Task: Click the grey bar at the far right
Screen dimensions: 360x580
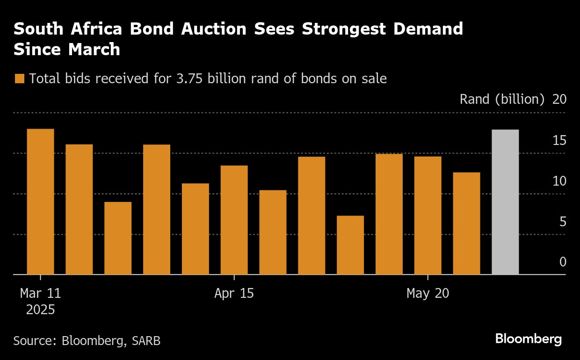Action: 505,202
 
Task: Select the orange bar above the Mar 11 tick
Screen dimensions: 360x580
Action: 40,202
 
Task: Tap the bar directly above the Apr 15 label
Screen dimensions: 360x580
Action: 234,220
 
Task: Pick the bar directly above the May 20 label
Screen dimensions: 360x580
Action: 428,215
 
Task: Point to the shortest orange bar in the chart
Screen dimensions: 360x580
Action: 350,245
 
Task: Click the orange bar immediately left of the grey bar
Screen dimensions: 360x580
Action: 466,223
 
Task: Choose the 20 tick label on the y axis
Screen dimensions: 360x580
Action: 559,100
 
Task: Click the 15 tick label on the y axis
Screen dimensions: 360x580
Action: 559,140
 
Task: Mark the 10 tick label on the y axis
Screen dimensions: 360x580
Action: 559,181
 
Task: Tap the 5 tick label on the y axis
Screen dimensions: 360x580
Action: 563,222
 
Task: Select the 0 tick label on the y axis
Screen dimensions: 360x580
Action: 563,262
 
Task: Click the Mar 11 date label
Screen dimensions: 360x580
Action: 40,294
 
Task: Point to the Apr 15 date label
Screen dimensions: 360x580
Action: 234,294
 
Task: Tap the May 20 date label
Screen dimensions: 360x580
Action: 428,294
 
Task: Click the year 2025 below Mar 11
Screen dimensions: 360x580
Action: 40,310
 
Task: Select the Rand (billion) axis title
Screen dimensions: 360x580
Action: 502,100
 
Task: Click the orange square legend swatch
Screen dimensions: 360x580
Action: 19,79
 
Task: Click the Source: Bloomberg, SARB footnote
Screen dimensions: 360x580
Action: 87,340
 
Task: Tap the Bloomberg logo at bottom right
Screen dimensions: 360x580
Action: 529,339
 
